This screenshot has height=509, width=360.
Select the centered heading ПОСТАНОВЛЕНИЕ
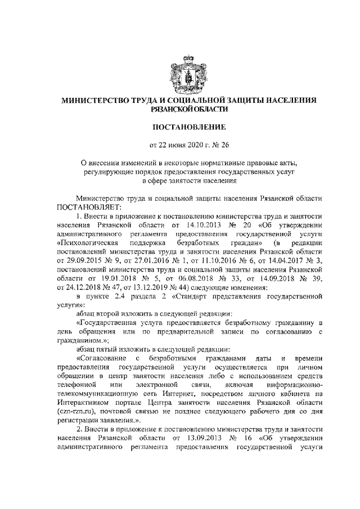(181, 127)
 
